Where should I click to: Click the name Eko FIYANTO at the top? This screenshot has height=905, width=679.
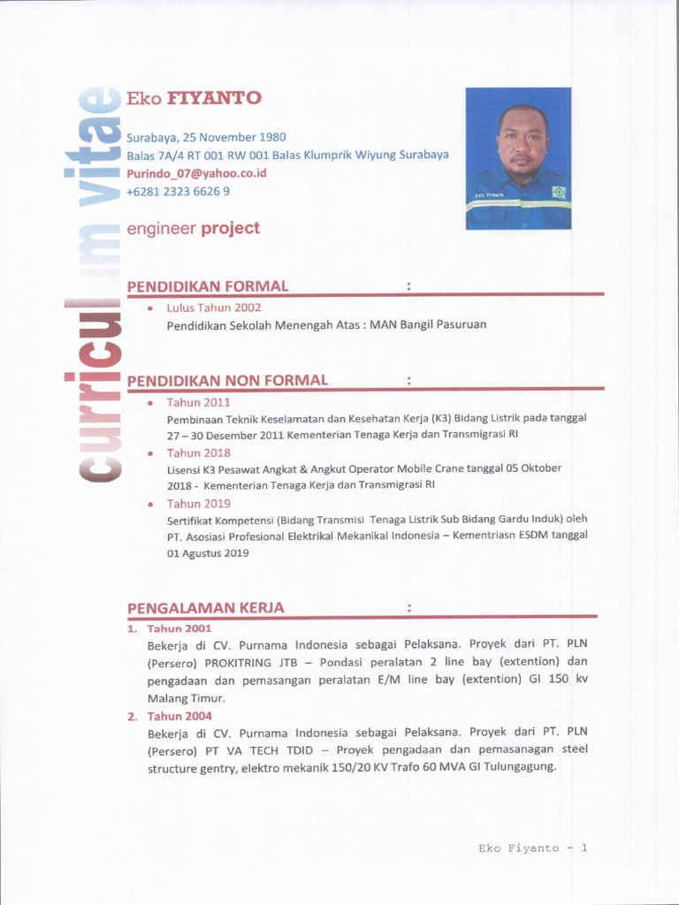click(194, 98)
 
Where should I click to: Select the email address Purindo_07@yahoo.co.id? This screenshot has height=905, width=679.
click(196, 173)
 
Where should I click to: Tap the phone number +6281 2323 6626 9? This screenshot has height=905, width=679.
click(178, 191)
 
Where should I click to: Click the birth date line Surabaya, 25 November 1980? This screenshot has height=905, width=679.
click(206, 137)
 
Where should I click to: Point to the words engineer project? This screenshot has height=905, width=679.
click(193, 228)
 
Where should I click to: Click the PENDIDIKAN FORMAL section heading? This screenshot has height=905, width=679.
click(208, 285)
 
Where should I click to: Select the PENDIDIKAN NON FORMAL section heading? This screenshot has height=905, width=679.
click(227, 380)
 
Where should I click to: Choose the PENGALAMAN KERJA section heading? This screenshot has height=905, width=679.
click(205, 607)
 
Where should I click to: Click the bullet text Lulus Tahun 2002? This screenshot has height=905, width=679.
click(214, 308)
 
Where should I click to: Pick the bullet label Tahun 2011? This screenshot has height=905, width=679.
click(198, 402)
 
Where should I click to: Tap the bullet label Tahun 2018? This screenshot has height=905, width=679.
click(198, 452)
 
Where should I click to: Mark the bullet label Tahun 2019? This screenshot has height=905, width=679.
click(198, 503)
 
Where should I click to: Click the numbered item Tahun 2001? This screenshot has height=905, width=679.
click(179, 628)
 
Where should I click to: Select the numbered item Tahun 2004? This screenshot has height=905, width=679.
click(179, 716)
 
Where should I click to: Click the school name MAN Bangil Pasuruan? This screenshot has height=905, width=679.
click(428, 324)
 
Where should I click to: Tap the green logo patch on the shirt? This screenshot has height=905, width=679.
click(558, 192)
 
